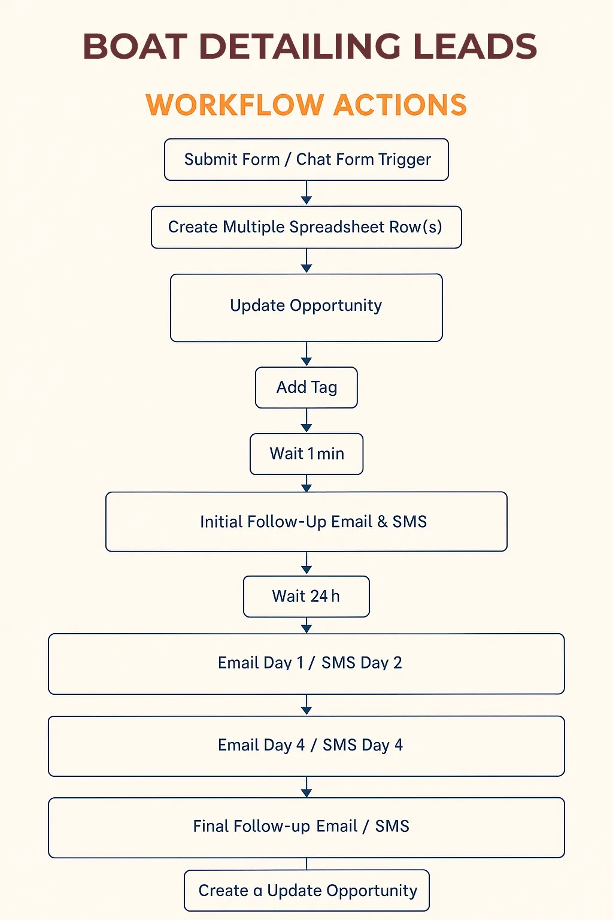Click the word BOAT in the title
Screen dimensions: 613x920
pos(135,46)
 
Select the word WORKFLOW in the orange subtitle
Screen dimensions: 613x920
pos(235,105)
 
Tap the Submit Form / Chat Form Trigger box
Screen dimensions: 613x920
pos(306,159)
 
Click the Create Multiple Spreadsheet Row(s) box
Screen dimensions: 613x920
pos(306,227)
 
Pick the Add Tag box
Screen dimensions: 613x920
pos(306,388)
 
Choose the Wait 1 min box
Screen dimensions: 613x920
pos(306,454)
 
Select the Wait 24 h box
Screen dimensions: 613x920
pos(306,597)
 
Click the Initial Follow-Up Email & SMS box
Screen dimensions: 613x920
pos(306,522)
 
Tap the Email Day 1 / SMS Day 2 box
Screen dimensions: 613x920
pos(306,664)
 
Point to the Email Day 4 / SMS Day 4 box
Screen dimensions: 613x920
pos(306,746)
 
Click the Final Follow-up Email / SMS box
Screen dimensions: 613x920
pos(306,828)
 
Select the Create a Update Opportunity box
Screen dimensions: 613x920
pos(306,891)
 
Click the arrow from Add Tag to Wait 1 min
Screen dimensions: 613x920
pos(306,420)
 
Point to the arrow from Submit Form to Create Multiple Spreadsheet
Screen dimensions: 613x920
pos(306,193)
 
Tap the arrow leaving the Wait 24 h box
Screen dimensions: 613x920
pos(306,625)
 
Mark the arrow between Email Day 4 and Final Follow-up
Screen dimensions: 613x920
pos(306,787)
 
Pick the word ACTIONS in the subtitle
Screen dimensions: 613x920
pos(400,105)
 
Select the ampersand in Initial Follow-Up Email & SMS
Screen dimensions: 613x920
pos(383,522)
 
